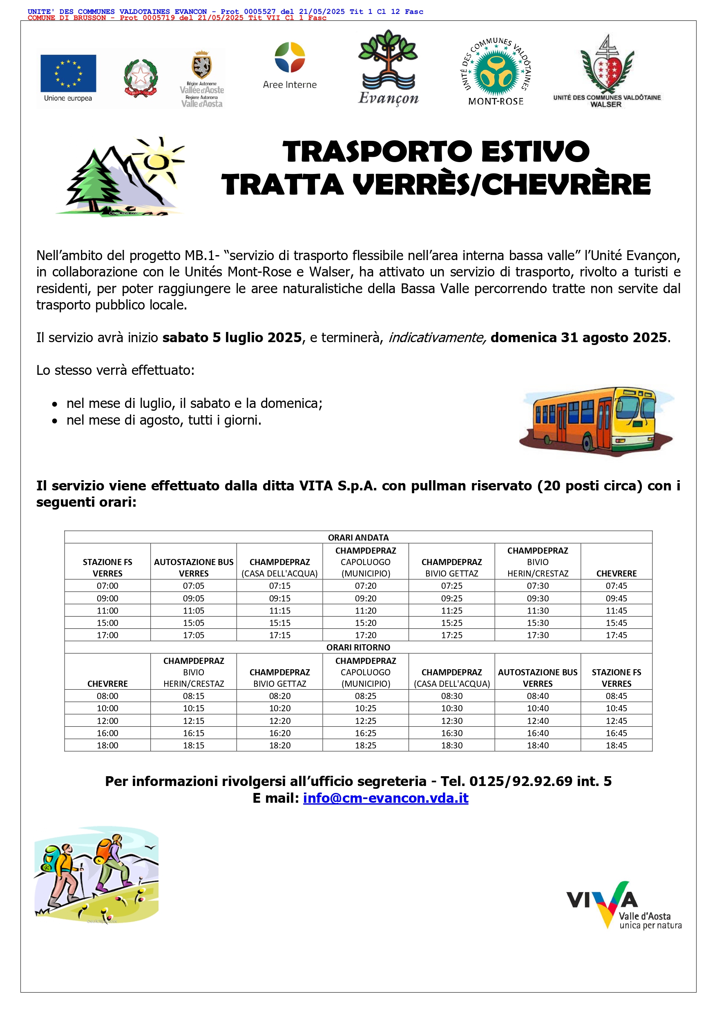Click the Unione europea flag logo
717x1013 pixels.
[x=68, y=73]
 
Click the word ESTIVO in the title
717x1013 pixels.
[x=535, y=151]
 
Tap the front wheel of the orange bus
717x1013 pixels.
[x=589, y=443]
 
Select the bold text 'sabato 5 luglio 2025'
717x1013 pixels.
[x=232, y=338]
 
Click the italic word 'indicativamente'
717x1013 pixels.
[x=437, y=338]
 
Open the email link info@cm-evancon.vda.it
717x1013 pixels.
[x=385, y=798]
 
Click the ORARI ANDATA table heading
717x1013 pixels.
[x=358, y=537]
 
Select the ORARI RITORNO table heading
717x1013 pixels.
[x=358, y=647]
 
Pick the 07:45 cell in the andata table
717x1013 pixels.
[x=616, y=586]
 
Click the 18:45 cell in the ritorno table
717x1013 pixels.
[x=616, y=745]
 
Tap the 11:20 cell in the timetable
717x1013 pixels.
[x=366, y=611]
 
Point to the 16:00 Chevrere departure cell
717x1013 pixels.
[x=107, y=733]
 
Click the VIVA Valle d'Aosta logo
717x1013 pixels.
[x=623, y=904]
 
